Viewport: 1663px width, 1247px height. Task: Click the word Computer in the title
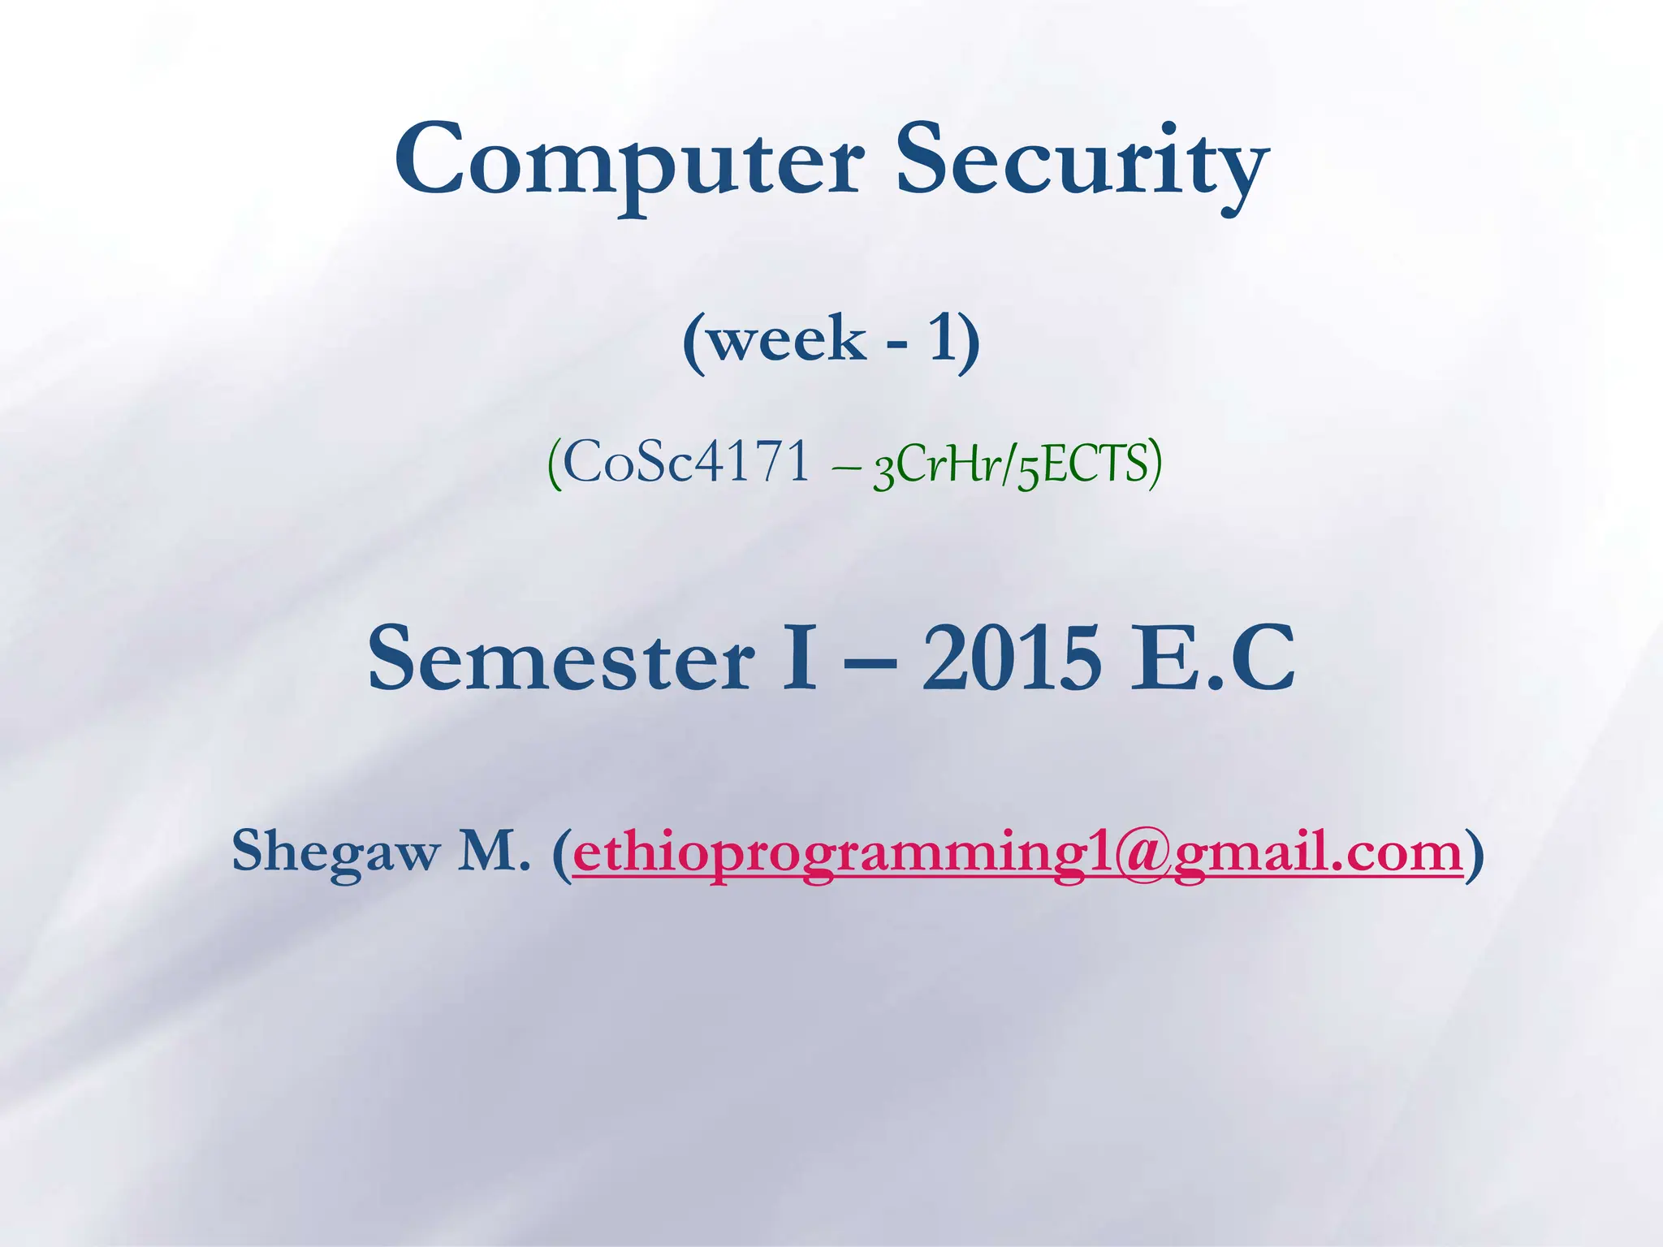(x=628, y=162)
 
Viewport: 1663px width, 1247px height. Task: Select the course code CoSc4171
(x=686, y=464)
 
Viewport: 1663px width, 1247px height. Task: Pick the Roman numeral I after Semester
(x=798, y=659)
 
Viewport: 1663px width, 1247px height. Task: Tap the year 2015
(x=1012, y=659)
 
